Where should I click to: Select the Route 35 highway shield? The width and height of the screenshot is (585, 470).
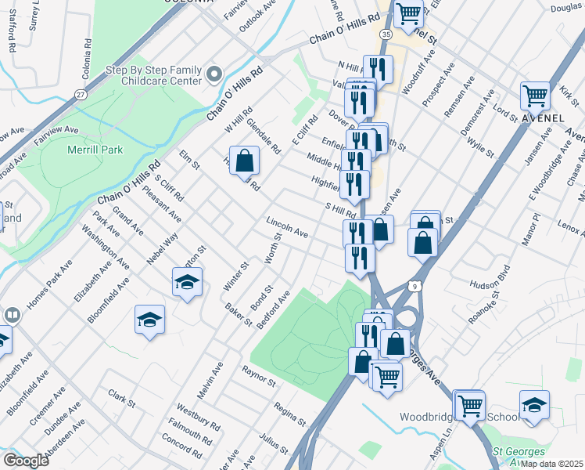pyautogui.click(x=386, y=34)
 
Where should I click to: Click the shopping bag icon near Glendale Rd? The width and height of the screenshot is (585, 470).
pyautogui.click(x=244, y=160)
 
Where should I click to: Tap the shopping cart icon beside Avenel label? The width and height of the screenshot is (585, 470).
pyautogui.click(x=535, y=96)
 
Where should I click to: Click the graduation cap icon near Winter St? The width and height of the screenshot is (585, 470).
pyautogui.click(x=188, y=281)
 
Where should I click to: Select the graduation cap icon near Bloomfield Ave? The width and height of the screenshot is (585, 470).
pyautogui.click(x=149, y=320)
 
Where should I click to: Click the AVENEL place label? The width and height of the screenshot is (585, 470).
pyautogui.click(x=543, y=118)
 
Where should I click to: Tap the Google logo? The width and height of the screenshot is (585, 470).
pyautogui.click(x=26, y=460)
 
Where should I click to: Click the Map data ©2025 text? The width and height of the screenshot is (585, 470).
pyautogui.click(x=550, y=464)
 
